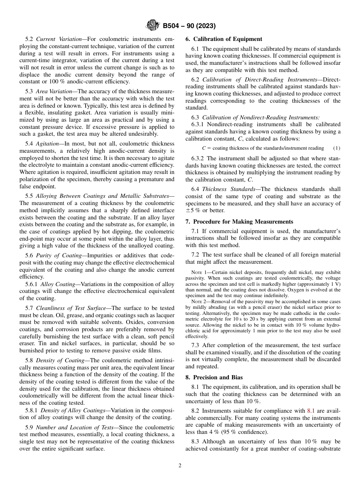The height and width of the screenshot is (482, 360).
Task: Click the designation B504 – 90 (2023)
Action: pyautogui.click(x=189, y=26)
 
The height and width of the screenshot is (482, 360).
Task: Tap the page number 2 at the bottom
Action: pyautogui.click(x=180, y=466)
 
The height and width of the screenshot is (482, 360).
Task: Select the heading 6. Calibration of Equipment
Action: pyautogui.click(x=224, y=39)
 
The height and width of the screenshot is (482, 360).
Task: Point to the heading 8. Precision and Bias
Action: pyautogui.click(x=214, y=377)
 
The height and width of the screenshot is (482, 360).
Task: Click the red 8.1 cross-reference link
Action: pyautogui.click(x=311, y=411)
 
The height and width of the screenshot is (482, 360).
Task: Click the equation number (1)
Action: pyautogui.click(x=337, y=148)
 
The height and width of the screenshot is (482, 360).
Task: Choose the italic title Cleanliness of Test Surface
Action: pyautogui.click(x=71, y=308)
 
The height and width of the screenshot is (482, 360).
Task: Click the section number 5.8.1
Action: pyautogui.click(x=31, y=410)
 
